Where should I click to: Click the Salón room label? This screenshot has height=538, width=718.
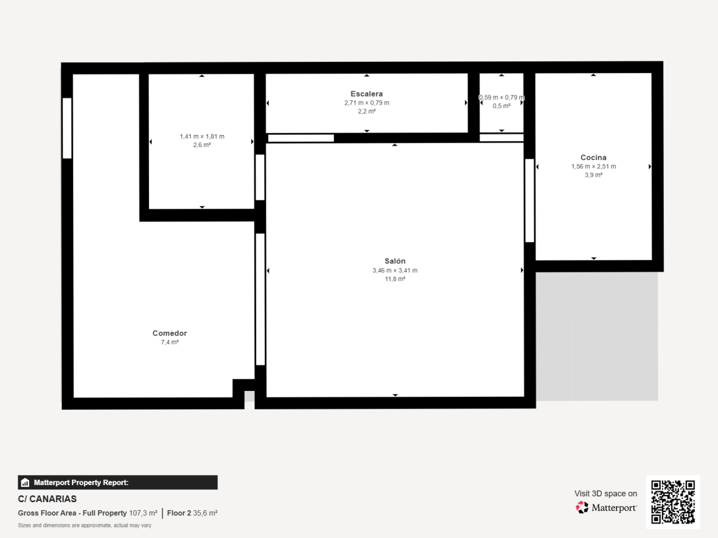pyautogui.click(x=395, y=261)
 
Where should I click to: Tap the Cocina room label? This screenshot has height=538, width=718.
pyautogui.click(x=593, y=157)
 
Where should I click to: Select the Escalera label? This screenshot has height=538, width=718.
pyautogui.click(x=366, y=94)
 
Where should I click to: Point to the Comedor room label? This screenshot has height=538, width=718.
pyautogui.click(x=169, y=333)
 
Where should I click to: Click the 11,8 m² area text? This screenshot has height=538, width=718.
pyautogui.click(x=395, y=279)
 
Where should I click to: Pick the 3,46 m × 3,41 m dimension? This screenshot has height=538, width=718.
pyautogui.click(x=395, y=271)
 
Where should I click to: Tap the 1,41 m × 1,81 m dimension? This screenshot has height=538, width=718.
pyautogui.click(x=202, y=136)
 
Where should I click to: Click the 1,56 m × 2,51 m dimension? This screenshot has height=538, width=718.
pyautogui.click(x=593, y=167)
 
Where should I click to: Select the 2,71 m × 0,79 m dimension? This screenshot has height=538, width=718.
pyautogui.click(x=367, y=103)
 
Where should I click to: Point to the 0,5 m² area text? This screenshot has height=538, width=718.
pyautogui.click(x=501, y=106)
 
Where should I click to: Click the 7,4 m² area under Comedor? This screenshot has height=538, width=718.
pyautogui.click(x=169, y=342)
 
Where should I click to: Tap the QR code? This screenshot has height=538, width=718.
pyautogui.click(x=672, y=502)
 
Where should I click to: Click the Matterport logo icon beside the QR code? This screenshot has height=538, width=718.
pyautogui.click(x=582, y=508)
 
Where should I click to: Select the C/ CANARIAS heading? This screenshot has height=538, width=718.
pyautogui.click(x=47, y=499)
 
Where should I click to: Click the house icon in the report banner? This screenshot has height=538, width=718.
pyautogui.click(x=25, y=483)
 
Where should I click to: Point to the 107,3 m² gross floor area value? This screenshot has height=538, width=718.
pyautogui.click(x=143, y=513)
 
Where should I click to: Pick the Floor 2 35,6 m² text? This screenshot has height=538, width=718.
pyautogui.click(x=192, y=513)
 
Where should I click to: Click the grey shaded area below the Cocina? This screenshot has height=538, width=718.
pyautogui.click(x=597, y=336)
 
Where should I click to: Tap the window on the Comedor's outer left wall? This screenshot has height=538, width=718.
pyautogui.click(x=67, y=128)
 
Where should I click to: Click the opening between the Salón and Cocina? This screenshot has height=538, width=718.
pyautogui.click(x=529, y=201)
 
